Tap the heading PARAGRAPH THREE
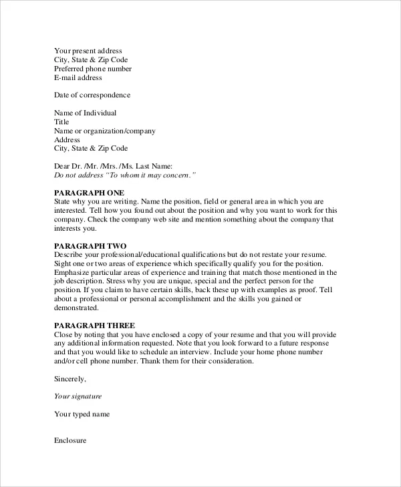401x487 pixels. [88, 326]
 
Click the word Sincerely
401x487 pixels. [70, 379]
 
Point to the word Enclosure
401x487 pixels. [70, 441]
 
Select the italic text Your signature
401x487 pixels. [78, 396]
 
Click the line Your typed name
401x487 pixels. [82, 414]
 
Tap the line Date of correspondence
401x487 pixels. [92, 95]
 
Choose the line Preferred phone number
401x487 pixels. [92, 69]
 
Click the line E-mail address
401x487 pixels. [78, 77]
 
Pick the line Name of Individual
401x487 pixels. [85, 113]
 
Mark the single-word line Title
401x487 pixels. [61, 122]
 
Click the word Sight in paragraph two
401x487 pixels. [63, 264]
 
